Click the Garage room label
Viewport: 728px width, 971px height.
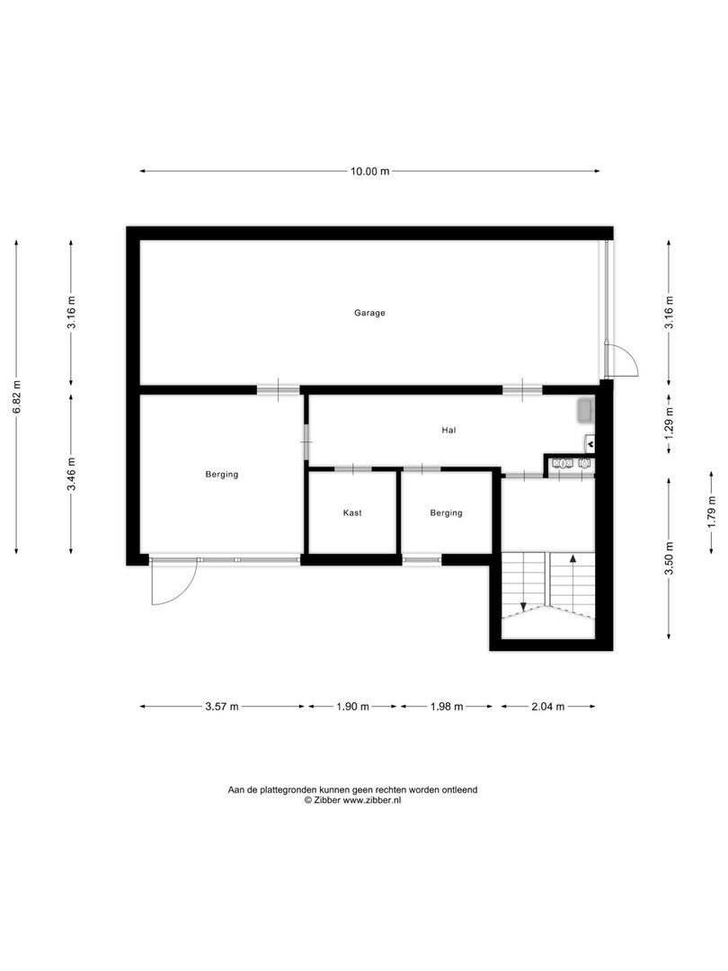point(369,313)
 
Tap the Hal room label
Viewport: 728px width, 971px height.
point(448,431)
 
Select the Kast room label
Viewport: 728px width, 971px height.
point(352,513)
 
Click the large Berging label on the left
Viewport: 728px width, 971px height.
point(221,474)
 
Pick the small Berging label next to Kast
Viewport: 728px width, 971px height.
point(446,513)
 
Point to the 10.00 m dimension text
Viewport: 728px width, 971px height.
point(369,172)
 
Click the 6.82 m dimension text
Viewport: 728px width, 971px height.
point(16,396)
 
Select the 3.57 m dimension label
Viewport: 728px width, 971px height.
point(221,707)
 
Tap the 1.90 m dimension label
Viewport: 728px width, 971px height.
point(352,707)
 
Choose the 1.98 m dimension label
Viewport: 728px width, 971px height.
point(446,707)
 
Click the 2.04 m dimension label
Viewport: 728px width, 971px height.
point(547,707)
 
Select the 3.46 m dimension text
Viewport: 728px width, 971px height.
point(72,474)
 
